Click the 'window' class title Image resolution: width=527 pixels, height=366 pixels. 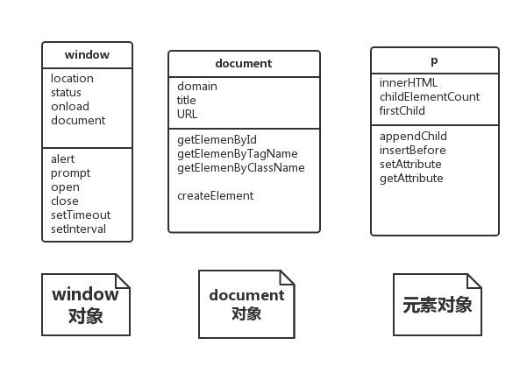[x=87, y=54]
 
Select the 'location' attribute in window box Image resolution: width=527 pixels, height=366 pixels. [x=72, y=78]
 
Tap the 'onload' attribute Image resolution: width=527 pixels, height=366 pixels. [x=70, y=106]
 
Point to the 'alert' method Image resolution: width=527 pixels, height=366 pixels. [x=63, y=158]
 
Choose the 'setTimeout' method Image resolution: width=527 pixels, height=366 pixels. [x=81, y=215]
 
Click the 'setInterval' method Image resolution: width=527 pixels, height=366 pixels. [x=79, y=229]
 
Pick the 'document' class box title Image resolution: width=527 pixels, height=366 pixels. [x=243, y=63]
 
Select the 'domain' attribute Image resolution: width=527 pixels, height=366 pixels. [x=197, y=86]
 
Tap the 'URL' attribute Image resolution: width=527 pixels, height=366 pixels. [x=188, y=114]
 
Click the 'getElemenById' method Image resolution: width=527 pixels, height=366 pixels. [x=217, y=139]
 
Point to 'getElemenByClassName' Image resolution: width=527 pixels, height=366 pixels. [x=241, y=167]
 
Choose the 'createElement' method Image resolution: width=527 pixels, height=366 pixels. [x=215, y=195]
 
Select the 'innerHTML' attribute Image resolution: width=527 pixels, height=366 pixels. [x=409, y=82]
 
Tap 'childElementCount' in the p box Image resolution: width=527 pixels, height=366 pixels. [x=430, y=96]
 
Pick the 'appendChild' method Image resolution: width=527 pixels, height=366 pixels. [x=413, y=136]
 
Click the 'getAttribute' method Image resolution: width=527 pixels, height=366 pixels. [x=411, y=178]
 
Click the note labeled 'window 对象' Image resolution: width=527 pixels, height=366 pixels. [x=86, y=305]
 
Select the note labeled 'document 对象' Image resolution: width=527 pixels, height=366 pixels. [x=246, y=304]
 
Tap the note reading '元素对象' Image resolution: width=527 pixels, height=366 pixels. [x=437, y=305]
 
